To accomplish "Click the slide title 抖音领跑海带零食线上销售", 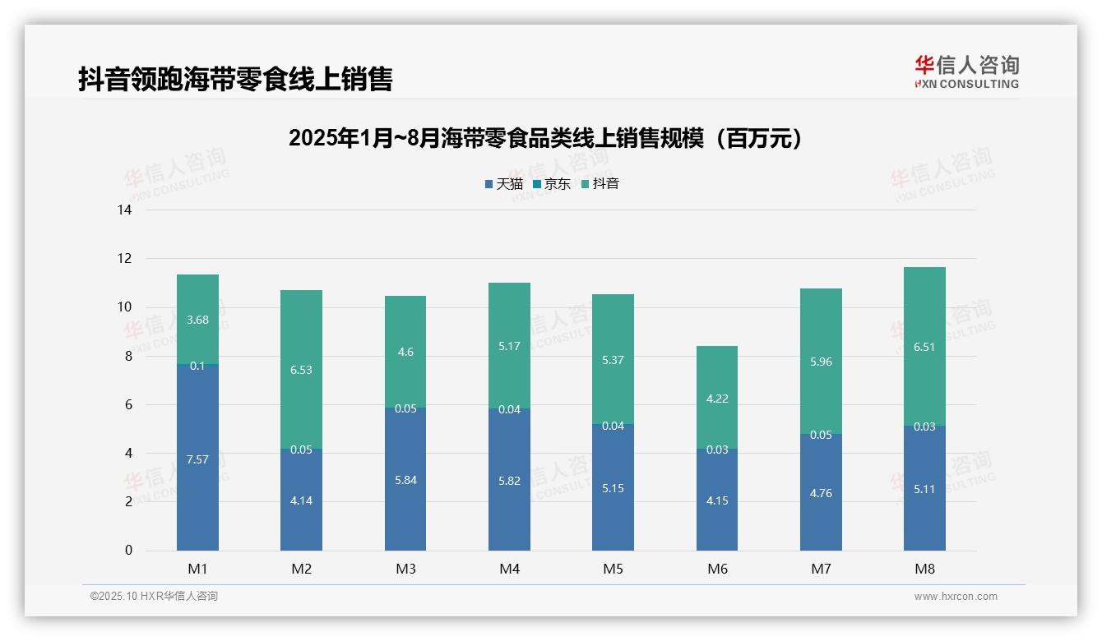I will point(235,79).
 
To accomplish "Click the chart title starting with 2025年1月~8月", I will point(545,138).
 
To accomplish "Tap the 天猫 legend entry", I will point(504,184).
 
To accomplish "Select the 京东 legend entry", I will point(552,184).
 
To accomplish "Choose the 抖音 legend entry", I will point(600,184).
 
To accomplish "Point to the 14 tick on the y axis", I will point(124,210).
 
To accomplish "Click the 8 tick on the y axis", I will point(128,356).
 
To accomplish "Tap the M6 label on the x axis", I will point(717,569).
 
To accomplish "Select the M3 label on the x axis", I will point(405,569).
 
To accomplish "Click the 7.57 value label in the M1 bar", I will point(197,460).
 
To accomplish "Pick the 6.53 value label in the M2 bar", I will point(302,370).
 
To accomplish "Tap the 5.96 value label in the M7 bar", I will point(821,362).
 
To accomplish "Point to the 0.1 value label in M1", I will point(197,366).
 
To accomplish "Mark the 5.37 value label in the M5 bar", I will point(613,361).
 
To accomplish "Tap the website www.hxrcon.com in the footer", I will point(956,597).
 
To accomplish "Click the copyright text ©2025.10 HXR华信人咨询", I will point(154,597).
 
